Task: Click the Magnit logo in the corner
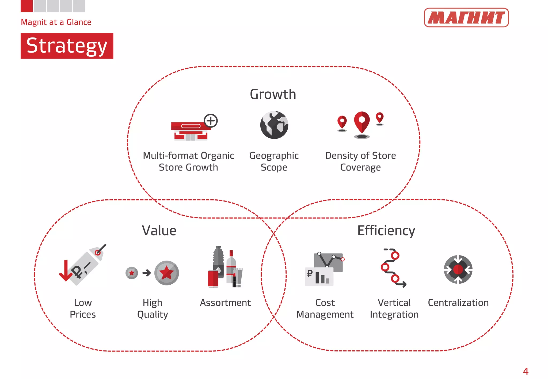coord(466,18)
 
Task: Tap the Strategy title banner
coord(67,46)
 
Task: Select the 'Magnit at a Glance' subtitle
coord(56,22)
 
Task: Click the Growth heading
coord(273,94)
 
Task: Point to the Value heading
coord(159,231)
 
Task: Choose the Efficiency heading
coord(386,231)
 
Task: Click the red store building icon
coord(190,131)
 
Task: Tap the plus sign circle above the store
coord(211,121)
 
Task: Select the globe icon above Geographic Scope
coord(274,125)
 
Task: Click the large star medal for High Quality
coord(166,273)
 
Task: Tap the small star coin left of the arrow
coord(132,273)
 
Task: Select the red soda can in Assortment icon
coord(213,279)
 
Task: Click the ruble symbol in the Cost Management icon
coord(310,273)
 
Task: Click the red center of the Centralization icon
coord(458,269)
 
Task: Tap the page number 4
coord(526,371)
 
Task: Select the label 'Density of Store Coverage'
coord(360,161)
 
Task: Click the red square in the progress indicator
coord(26,6)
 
